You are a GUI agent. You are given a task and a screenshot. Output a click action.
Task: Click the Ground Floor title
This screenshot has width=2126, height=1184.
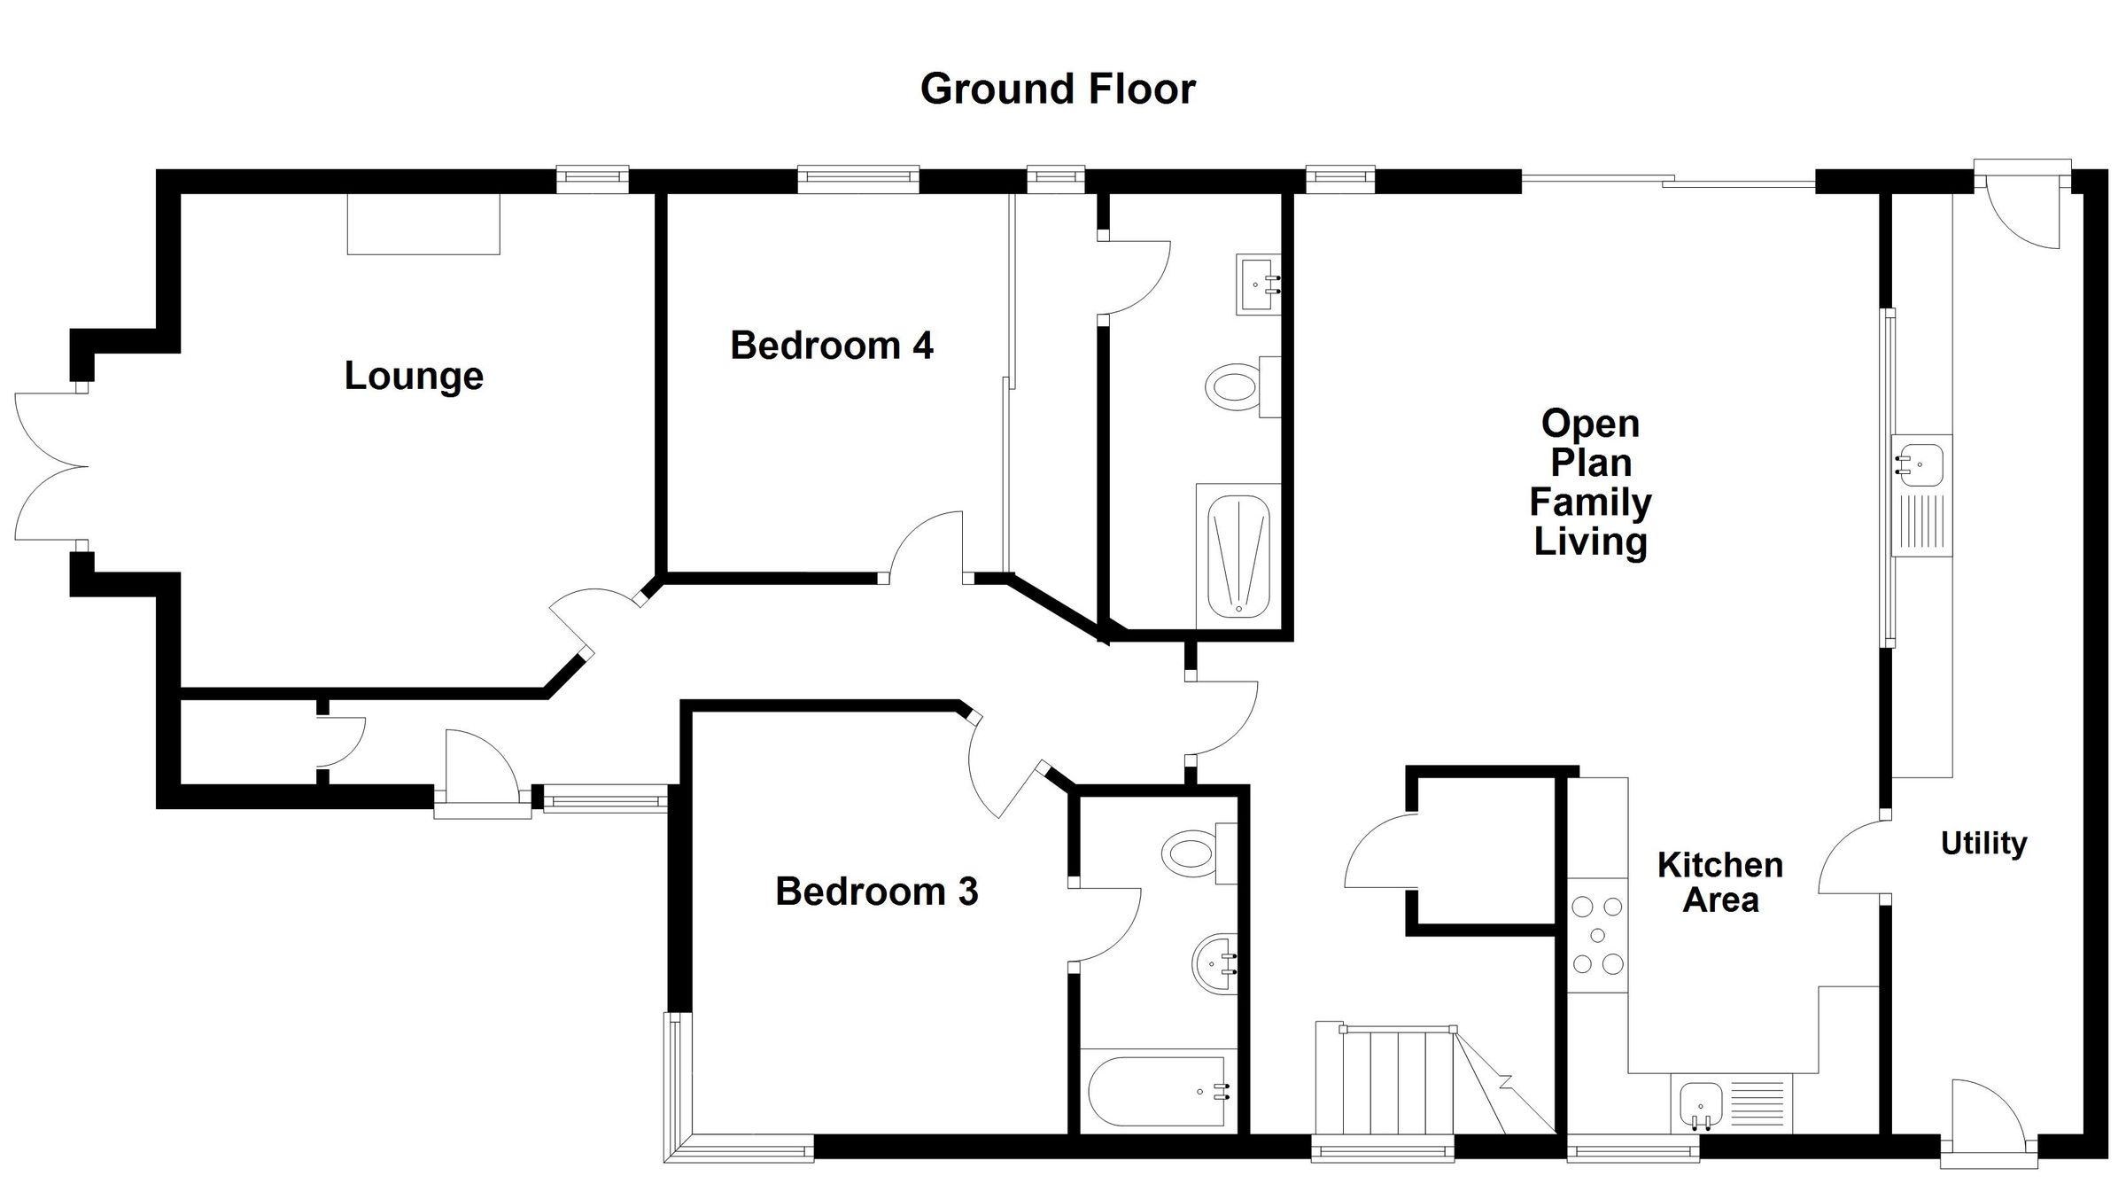click(1058, 89)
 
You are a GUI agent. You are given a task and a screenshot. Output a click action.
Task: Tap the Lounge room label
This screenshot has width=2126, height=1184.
click(414, 376)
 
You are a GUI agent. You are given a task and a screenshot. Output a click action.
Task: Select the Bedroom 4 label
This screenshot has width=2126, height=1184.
click(831, 345)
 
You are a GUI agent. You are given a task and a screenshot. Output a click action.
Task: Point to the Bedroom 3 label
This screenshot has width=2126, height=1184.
click(876, 891)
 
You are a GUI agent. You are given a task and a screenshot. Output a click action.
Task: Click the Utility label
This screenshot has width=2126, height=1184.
click(1983, 843)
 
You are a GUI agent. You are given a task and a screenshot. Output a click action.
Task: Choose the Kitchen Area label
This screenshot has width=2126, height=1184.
click(1719, 882)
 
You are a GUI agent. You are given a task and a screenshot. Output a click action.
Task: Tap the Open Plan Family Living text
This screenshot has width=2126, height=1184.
click(1590, 482)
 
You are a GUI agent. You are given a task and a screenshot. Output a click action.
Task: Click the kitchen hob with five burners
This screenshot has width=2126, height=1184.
click(1597, 935)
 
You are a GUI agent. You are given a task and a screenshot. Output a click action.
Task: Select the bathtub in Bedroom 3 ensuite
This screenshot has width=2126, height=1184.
click(1157, 1091)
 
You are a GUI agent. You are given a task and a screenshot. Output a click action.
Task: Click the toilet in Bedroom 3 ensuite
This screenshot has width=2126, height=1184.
click(1191, 853)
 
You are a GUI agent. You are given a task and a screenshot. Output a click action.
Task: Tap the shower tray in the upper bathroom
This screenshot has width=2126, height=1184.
click(1238, 556)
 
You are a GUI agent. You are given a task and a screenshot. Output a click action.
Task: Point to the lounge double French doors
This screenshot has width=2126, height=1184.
click(49, 466)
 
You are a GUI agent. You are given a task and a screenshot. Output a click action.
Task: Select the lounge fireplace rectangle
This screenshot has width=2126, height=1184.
click(423, 223)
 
